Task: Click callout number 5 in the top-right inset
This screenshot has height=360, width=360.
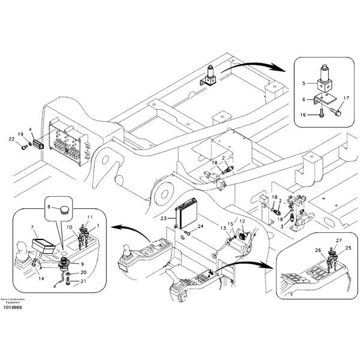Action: click(304, 83)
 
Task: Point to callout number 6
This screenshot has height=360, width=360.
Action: click(304, 100)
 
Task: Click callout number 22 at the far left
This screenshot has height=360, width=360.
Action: click(11, 140)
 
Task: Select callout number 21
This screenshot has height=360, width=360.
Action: click(84, 281)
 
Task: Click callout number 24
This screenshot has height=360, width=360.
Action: click(202, 226)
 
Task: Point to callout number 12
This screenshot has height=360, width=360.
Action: click(242, 222)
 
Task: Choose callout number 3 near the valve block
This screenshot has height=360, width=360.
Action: click(282, 227)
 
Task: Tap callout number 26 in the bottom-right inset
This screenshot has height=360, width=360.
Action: click(317, 250)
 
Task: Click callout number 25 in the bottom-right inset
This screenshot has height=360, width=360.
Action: click(349, 248)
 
